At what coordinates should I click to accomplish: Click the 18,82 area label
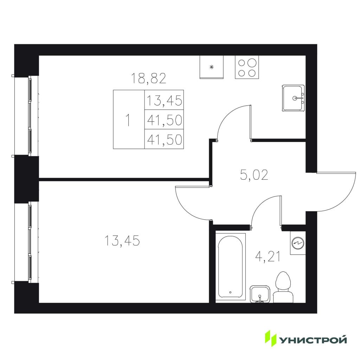[148, 78]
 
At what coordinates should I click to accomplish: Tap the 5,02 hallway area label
[254, 175]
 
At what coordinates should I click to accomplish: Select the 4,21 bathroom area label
[268, 257]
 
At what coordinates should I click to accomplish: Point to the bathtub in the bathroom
[230, 266]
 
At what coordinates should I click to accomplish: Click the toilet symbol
[283, 288]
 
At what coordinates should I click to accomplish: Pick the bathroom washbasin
[259, 294]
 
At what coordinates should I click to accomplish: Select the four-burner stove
[247, 67]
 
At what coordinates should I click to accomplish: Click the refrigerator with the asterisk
[212, 67]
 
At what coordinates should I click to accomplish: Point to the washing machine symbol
[298, 243]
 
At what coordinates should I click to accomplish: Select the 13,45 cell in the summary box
[164, 100]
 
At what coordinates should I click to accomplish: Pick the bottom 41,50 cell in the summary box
[164, 139]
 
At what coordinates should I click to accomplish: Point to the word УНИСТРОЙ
[313, 340]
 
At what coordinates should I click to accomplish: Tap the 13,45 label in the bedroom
[122, 240]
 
